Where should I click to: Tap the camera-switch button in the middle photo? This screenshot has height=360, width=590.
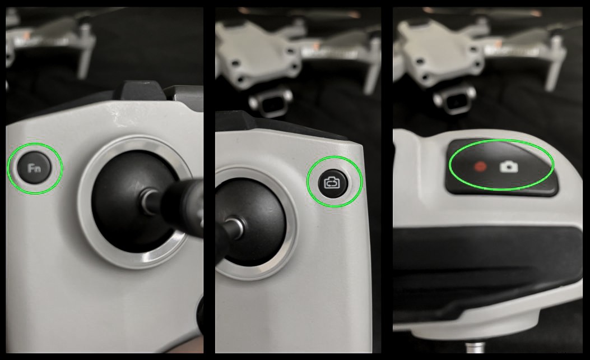click(x=335, y=182)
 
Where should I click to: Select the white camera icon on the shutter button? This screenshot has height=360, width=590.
click(x=509, y=166)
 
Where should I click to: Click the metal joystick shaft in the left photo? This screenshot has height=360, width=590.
click(x=150, y=202)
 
